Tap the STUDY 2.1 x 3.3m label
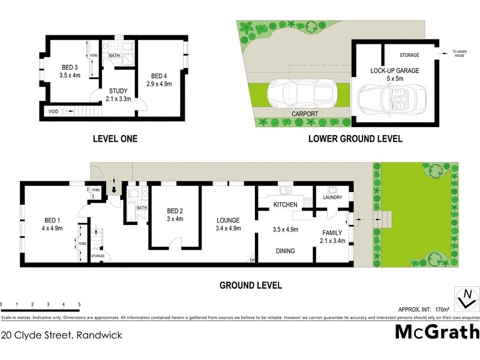tap(118, 95)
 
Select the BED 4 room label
tap(160, 80)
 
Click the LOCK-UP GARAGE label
tap(394, 74)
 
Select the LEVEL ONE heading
tap(115, 139)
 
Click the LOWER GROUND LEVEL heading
tap(355, 139)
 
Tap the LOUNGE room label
tap(229, 224)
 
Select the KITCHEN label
tap(286, 205)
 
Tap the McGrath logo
tap(437, 332)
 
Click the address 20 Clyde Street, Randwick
tap(61, 335)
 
